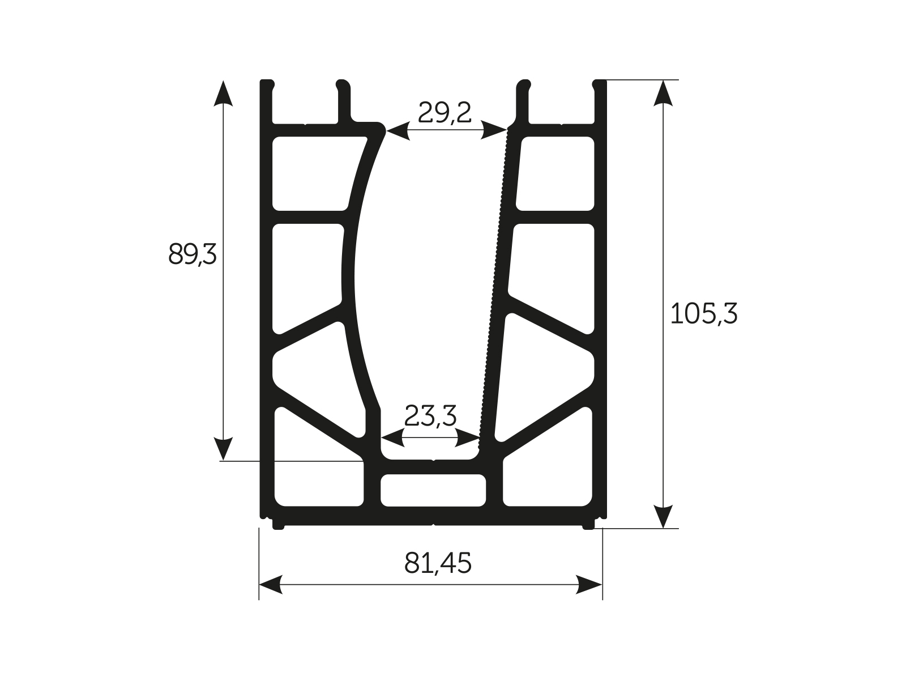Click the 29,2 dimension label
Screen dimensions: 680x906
point(445,113)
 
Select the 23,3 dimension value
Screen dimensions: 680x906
point(430,416)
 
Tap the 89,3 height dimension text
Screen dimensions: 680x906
point(193,254)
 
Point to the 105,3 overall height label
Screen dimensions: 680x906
point(704,313)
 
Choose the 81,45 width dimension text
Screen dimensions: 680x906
point(438,563)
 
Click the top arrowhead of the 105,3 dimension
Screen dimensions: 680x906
point(663,93)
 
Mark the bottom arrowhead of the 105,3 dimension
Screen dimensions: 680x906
point(663,515)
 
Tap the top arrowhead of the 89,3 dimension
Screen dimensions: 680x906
point(224,93)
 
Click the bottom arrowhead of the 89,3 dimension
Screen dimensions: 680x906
point(224,448)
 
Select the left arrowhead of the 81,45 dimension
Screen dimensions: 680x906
point(271,584)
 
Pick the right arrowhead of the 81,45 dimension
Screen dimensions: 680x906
point(589,584)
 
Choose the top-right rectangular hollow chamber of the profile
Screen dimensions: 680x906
point(556,173)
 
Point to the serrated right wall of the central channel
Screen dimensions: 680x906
point(496,283)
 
